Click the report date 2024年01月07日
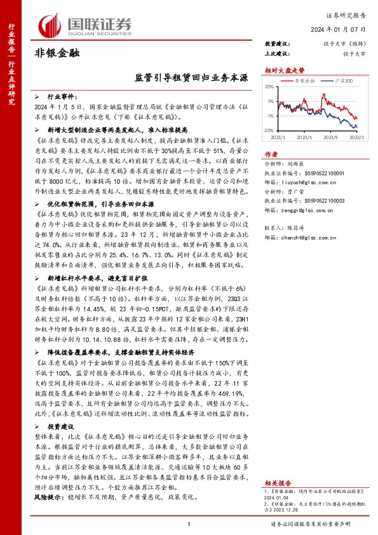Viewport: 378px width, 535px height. pyautogui.click(x=341, y=29)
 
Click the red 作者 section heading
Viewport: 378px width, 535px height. pyautogui.click(x=271, y=154)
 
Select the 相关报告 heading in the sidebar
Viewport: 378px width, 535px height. pyautogui.click(x=277, y=464)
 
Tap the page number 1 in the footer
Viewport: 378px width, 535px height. pyautogui.click(x=189, y=524)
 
